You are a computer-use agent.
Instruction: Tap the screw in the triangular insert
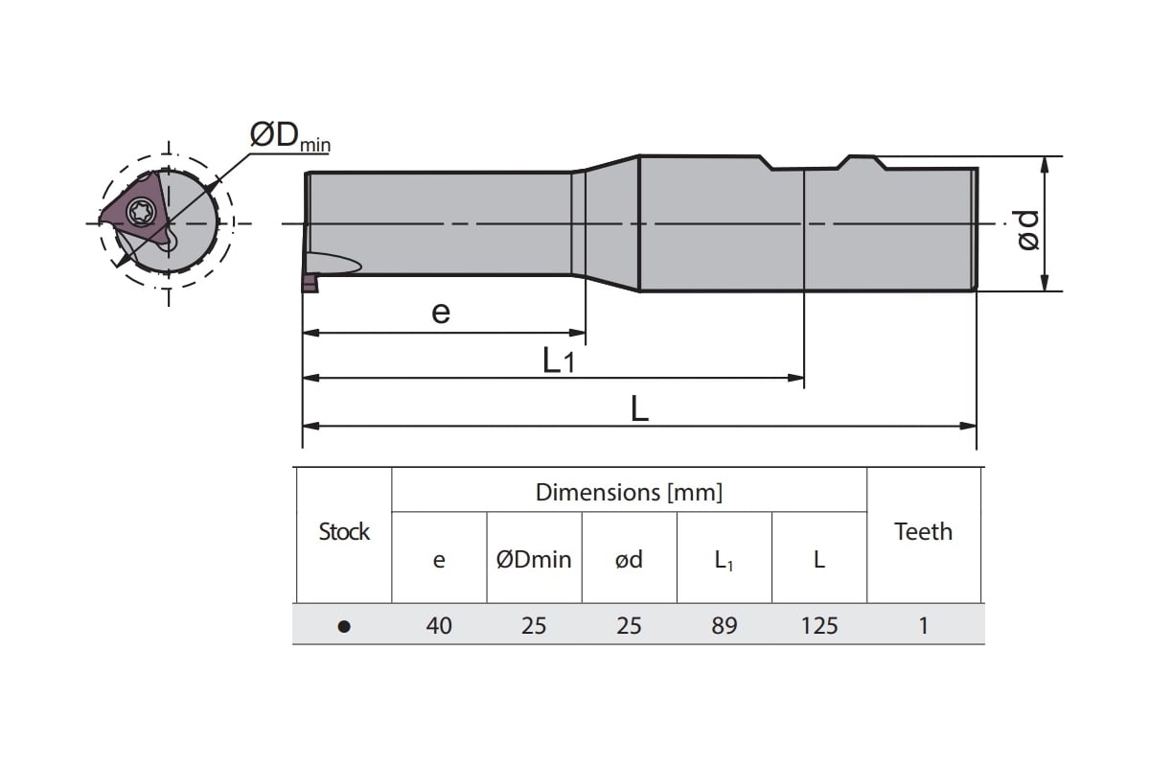[x=141, y=208]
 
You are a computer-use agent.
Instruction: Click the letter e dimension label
[x=441, y=312]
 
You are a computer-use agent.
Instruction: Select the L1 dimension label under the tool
[x=558, y=360]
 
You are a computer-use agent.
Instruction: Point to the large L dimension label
[x=639, y=409]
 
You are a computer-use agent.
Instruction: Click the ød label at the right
[x=1027, y=230]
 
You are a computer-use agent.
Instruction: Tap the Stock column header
[x=344, y=532]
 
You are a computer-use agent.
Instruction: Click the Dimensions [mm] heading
[x=629, y=493]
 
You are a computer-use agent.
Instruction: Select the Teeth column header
[x=923, y=532]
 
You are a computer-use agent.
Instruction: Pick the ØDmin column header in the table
[x=534, y=560]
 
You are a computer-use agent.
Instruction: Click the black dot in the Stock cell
[x=344, y=626]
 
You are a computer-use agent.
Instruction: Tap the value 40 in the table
[x=439, y=626]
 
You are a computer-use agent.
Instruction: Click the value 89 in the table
[x=724, y=626]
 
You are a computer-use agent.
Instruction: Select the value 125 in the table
[x=818, y=626]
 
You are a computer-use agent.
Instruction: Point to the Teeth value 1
[x=923, y=626]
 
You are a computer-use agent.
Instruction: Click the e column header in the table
[x=439, y=560]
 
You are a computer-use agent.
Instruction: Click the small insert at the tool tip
[x=310, y=283]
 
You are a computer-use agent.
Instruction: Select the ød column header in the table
[x=629, y=560]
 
